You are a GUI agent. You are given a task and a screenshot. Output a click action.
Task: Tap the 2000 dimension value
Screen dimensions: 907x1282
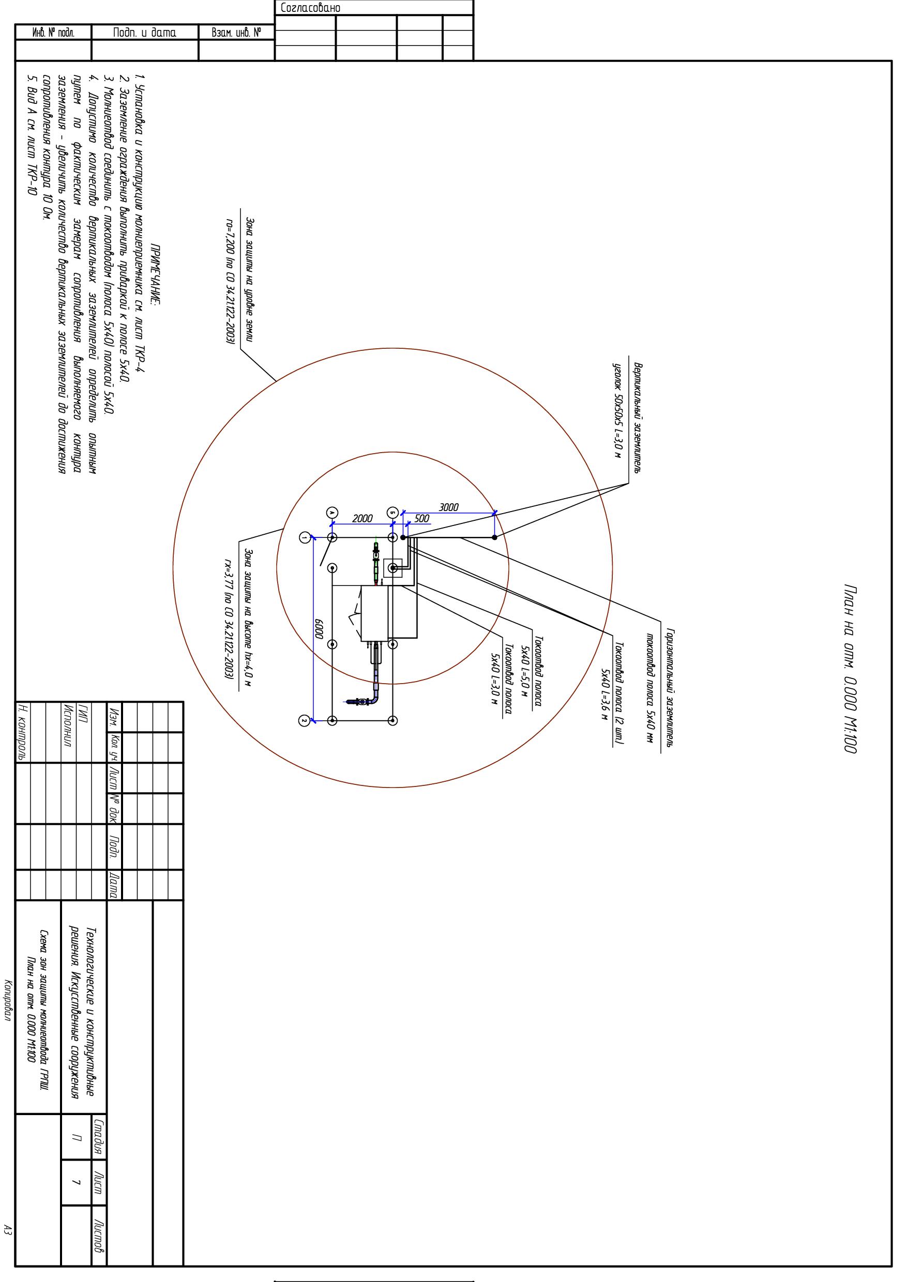tap(362, 518)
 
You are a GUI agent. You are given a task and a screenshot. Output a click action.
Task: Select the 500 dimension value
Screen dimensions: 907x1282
tap(422, 518)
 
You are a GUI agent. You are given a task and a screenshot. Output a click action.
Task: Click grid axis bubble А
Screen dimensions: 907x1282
tap(332, 513)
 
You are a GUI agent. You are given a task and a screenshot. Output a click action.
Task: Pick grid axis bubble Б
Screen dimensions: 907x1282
tap(393, 513)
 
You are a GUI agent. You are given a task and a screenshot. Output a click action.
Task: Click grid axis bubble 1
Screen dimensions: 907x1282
tap(305, 537)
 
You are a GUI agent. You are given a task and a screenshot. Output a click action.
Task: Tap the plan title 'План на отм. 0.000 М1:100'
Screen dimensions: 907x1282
tap(850, 669)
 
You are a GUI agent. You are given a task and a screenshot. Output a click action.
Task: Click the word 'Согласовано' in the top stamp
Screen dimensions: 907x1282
tap(310, 8)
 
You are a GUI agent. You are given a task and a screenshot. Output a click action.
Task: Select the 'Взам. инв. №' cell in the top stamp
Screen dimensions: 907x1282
tap(236, 33)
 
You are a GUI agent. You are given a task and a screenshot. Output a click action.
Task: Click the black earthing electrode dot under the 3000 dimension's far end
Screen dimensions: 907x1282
tap(494, 537)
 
